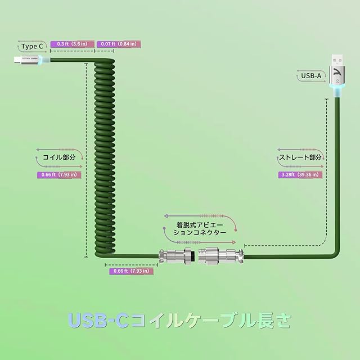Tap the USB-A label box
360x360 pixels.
coord(311,75)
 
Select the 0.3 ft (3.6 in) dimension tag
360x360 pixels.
coord(72,44)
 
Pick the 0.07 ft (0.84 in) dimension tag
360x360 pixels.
coord(118,44)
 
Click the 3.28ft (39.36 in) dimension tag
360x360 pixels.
coord(300,175)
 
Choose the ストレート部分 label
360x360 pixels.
coord(300,157)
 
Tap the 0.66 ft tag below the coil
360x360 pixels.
coord(130,271)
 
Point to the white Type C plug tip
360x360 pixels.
coord(15,59)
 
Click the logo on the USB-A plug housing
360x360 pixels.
coord(335,71)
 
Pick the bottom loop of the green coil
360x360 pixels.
coord(110,247)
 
